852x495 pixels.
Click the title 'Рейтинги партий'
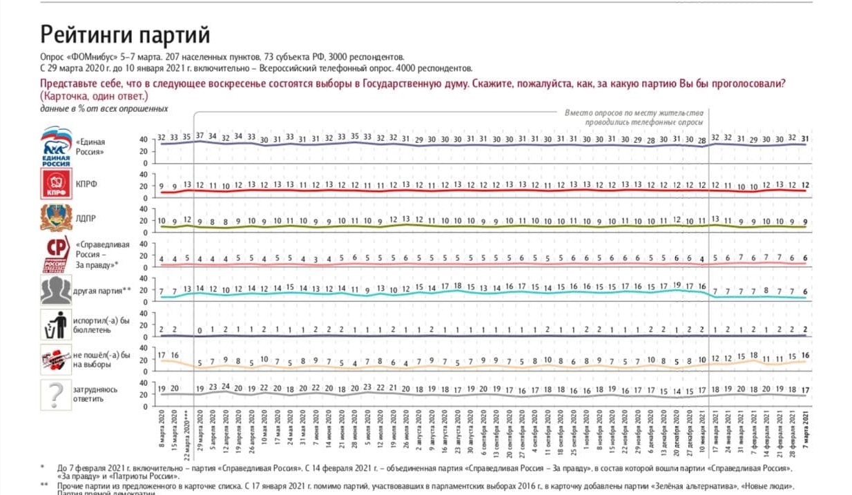(x=125, y=35)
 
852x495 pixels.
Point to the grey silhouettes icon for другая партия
(x=56, y=290)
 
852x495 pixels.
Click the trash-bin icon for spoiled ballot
(x=56, y=324)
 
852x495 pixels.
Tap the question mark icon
(x=56, y=395)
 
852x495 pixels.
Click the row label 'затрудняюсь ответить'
(x=95, y=394)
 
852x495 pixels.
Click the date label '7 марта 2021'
(x=805, y=430)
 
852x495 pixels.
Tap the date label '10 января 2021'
(x=703, y=430)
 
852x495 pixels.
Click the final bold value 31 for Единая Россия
(x=805, y=138)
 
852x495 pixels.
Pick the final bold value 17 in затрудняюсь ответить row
(x=805, y=389)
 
